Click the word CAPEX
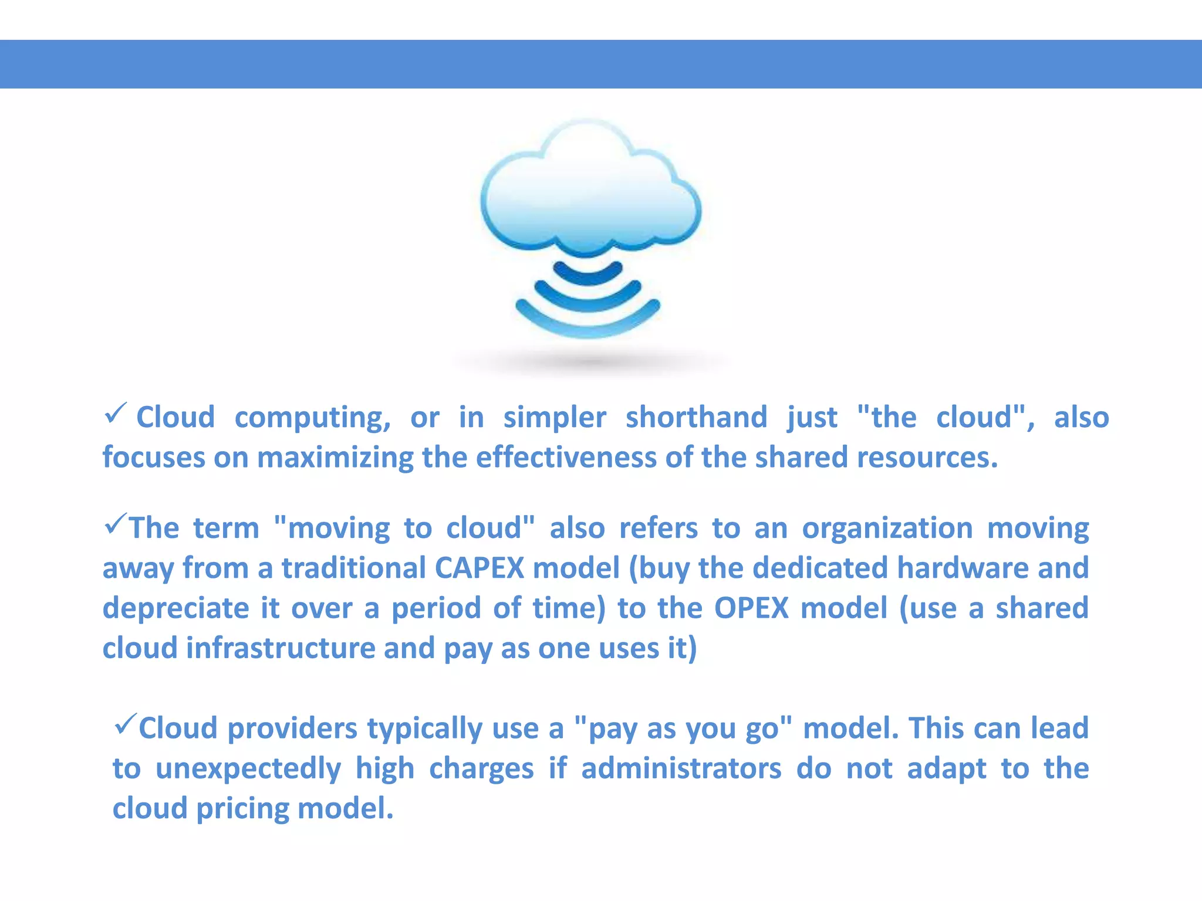tap(479, 568)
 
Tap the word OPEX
tap(751, 608)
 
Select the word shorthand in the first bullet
tap(696, 418)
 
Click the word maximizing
tap(336, 458)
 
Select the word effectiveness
tap(566, 458)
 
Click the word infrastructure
tap(281, 648)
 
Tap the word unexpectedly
tap(248, 768)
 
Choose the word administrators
tap(681, 768)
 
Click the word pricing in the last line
tap(242, 808)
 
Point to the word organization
tap(887, 528)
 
